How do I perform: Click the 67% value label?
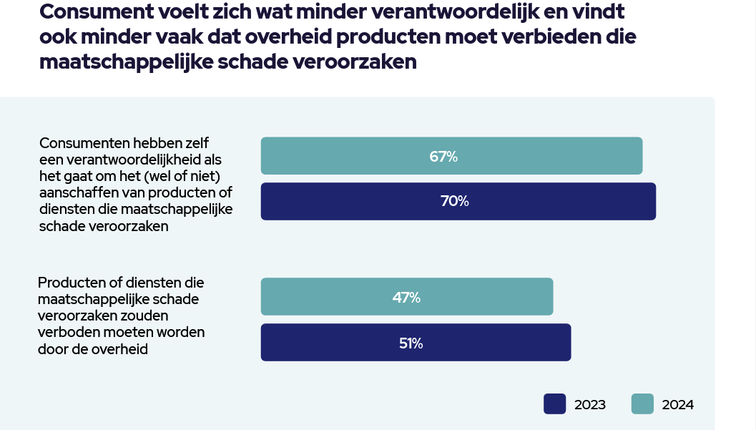443,156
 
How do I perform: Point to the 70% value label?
454,202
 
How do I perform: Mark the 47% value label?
406,297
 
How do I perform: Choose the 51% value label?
411,343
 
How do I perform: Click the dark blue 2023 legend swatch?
555,404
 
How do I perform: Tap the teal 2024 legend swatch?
642,404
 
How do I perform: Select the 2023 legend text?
590,405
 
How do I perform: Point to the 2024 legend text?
677,405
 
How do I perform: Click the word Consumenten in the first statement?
84,142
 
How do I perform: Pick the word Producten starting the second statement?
70,282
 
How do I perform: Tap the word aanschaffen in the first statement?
74,192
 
